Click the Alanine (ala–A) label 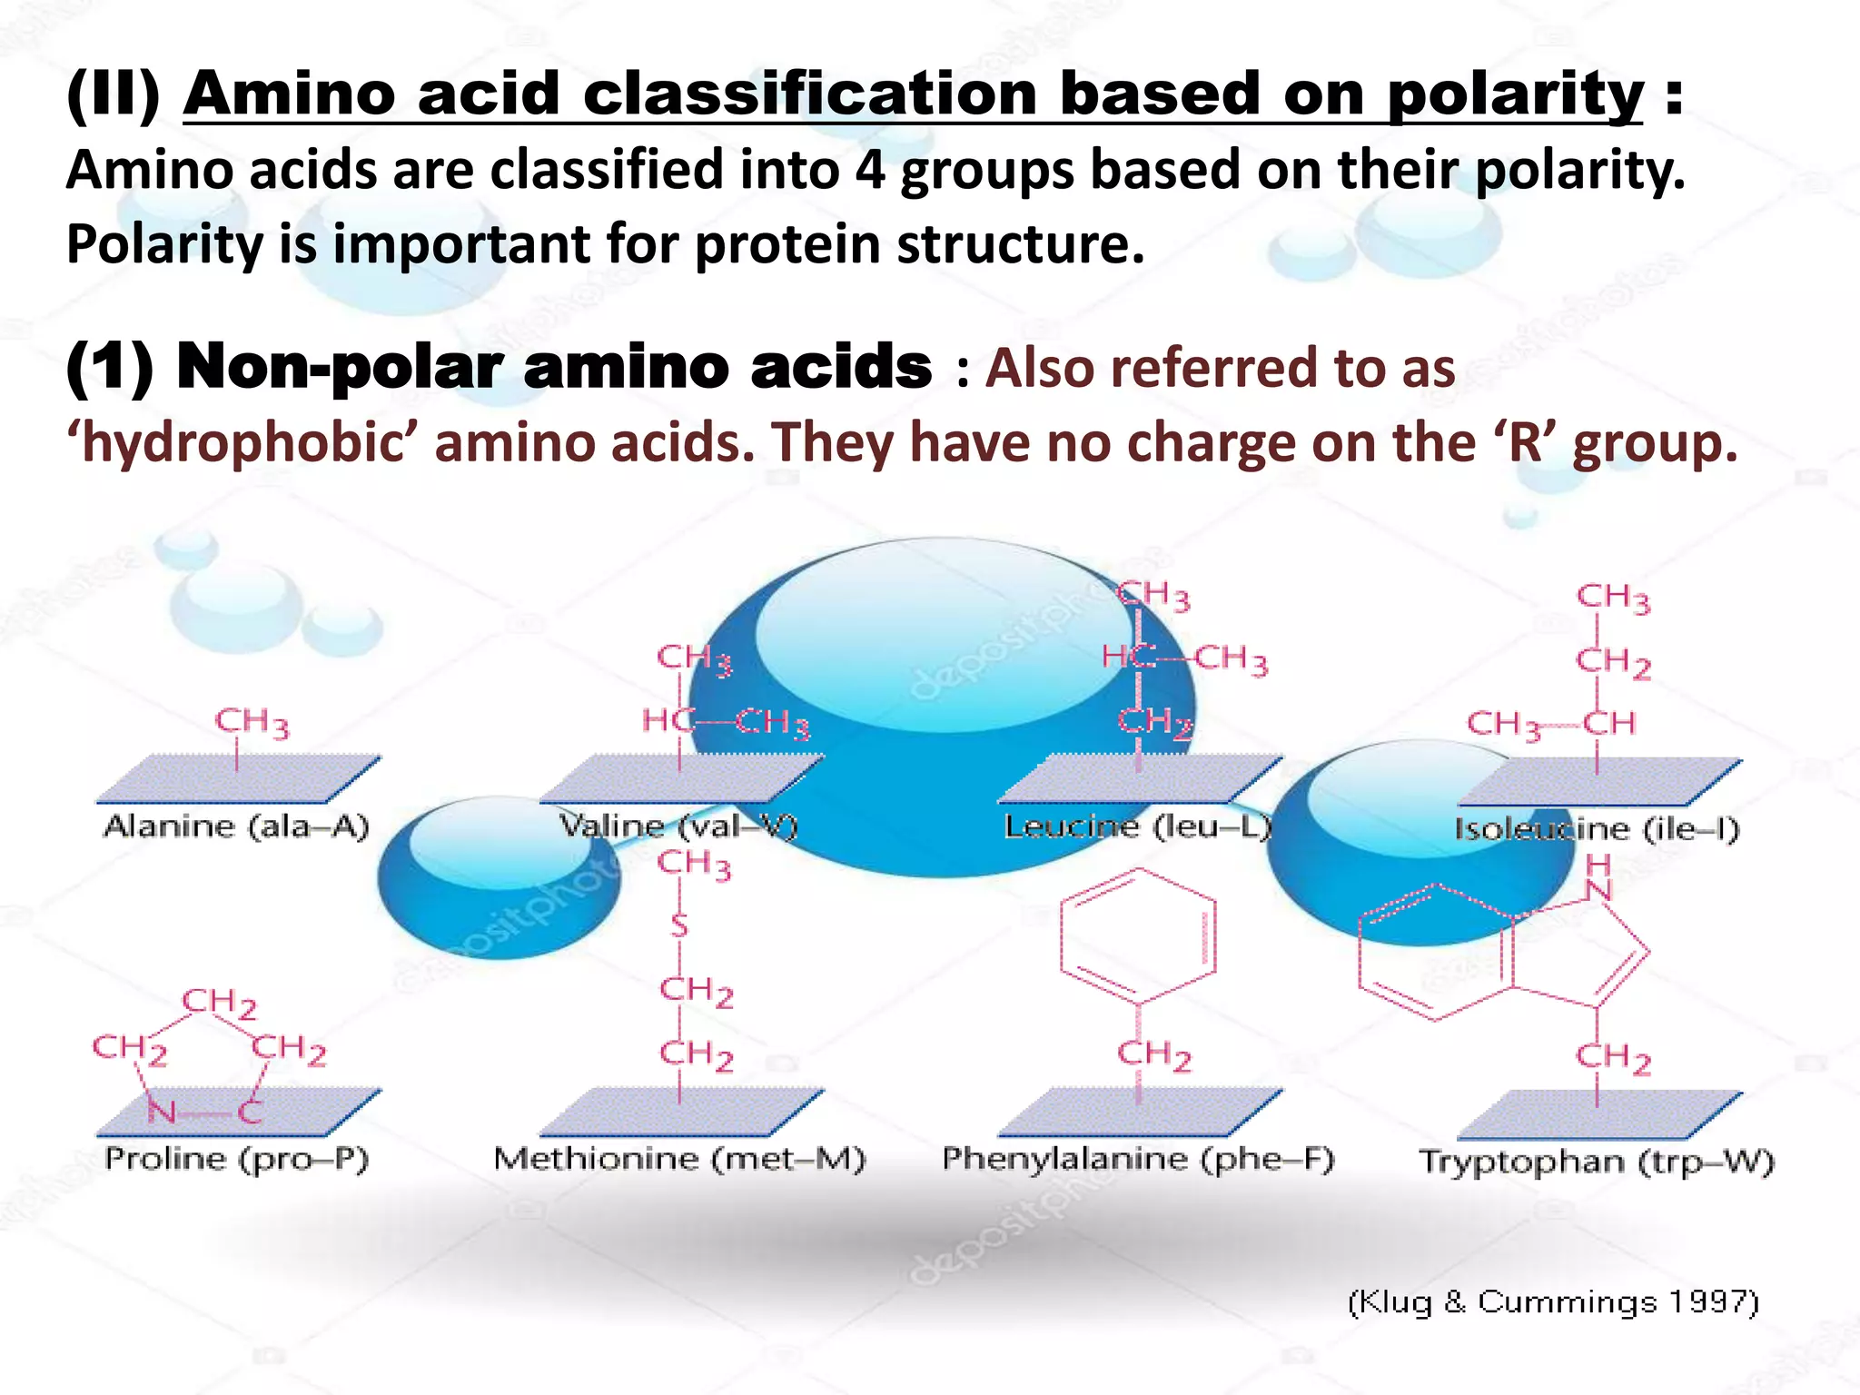tap(236, 826)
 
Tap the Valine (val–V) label tap(678, 826)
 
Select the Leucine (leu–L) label tap(1137, 826)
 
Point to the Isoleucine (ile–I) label tap(1597, 829)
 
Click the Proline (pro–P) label tap(236, 1159)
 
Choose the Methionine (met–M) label tap(679, 1159)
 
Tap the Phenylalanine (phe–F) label tap(1138, 1159)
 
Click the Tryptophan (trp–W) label tap(1597, 1162)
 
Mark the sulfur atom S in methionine tap(679, 926)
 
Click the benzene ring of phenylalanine tap(1138, 936)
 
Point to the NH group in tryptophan tap(1598, 877)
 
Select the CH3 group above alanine tap(252, 723)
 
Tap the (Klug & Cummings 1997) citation tap(1553, 1301)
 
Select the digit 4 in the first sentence tap(869, 170)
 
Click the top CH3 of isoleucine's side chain tap(1613, 598)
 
